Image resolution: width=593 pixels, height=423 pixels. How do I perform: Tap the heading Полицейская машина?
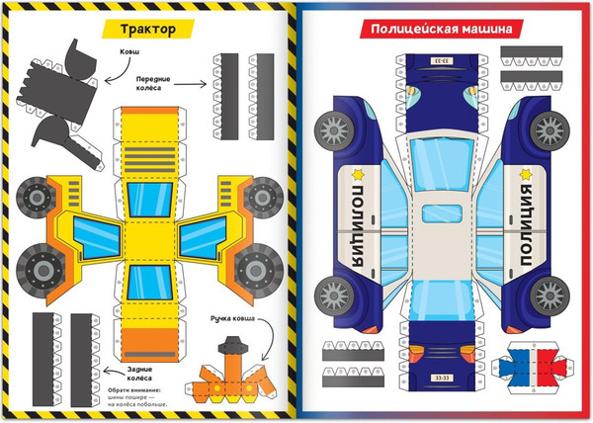(x=440, y=30)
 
